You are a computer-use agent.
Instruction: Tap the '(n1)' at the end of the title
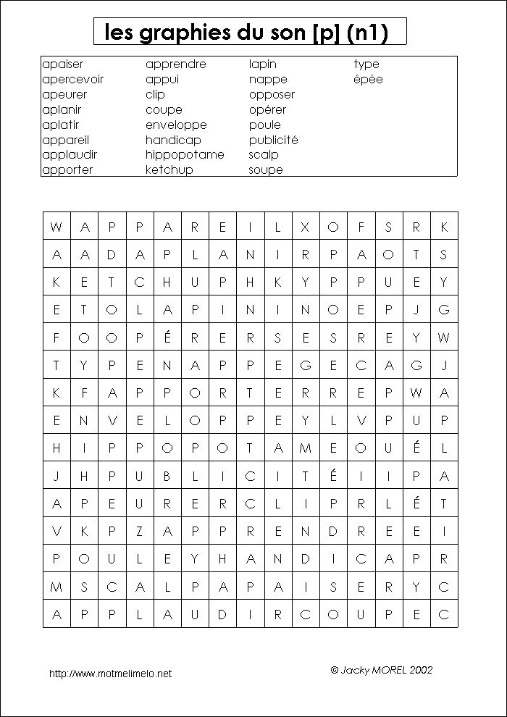pyautogui.click(x=367, y=33)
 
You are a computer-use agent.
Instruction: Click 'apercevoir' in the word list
pyautogui.click(x=72, y=80)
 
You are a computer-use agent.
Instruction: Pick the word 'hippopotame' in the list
pyautogui.click(x=185, y=155)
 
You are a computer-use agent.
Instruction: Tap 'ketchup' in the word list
pyautogui.click(x=169, y=170)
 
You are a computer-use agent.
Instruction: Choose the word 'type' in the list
pyautogui.click(x=366, y=64)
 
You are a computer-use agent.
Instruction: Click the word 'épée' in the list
pyautogui.click(x=368, y=80)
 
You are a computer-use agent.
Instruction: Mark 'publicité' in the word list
pyautogui.click(x=273, y=140)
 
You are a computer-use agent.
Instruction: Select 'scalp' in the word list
pyautogui.click(x=264, y=155)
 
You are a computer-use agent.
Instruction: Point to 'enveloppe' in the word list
pyautogui.click(x=176, y=125)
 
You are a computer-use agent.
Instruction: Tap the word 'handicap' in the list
pyautogui.click(x=173, y=140)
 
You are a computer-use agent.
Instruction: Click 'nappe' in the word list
pyautogui.click(x=268, y=80)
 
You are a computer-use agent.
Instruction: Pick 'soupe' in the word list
pyautogui.click(x=266, y=170)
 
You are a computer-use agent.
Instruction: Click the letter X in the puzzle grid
pyautogui.click(x=305, y=227)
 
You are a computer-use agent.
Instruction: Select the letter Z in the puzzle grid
pyautogui.click(x=139, y=531)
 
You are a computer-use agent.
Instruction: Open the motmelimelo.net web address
pyautogui.click(x=110, y=674)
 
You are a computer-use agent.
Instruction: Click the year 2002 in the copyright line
pyautogui.click(x=421, y=671)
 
